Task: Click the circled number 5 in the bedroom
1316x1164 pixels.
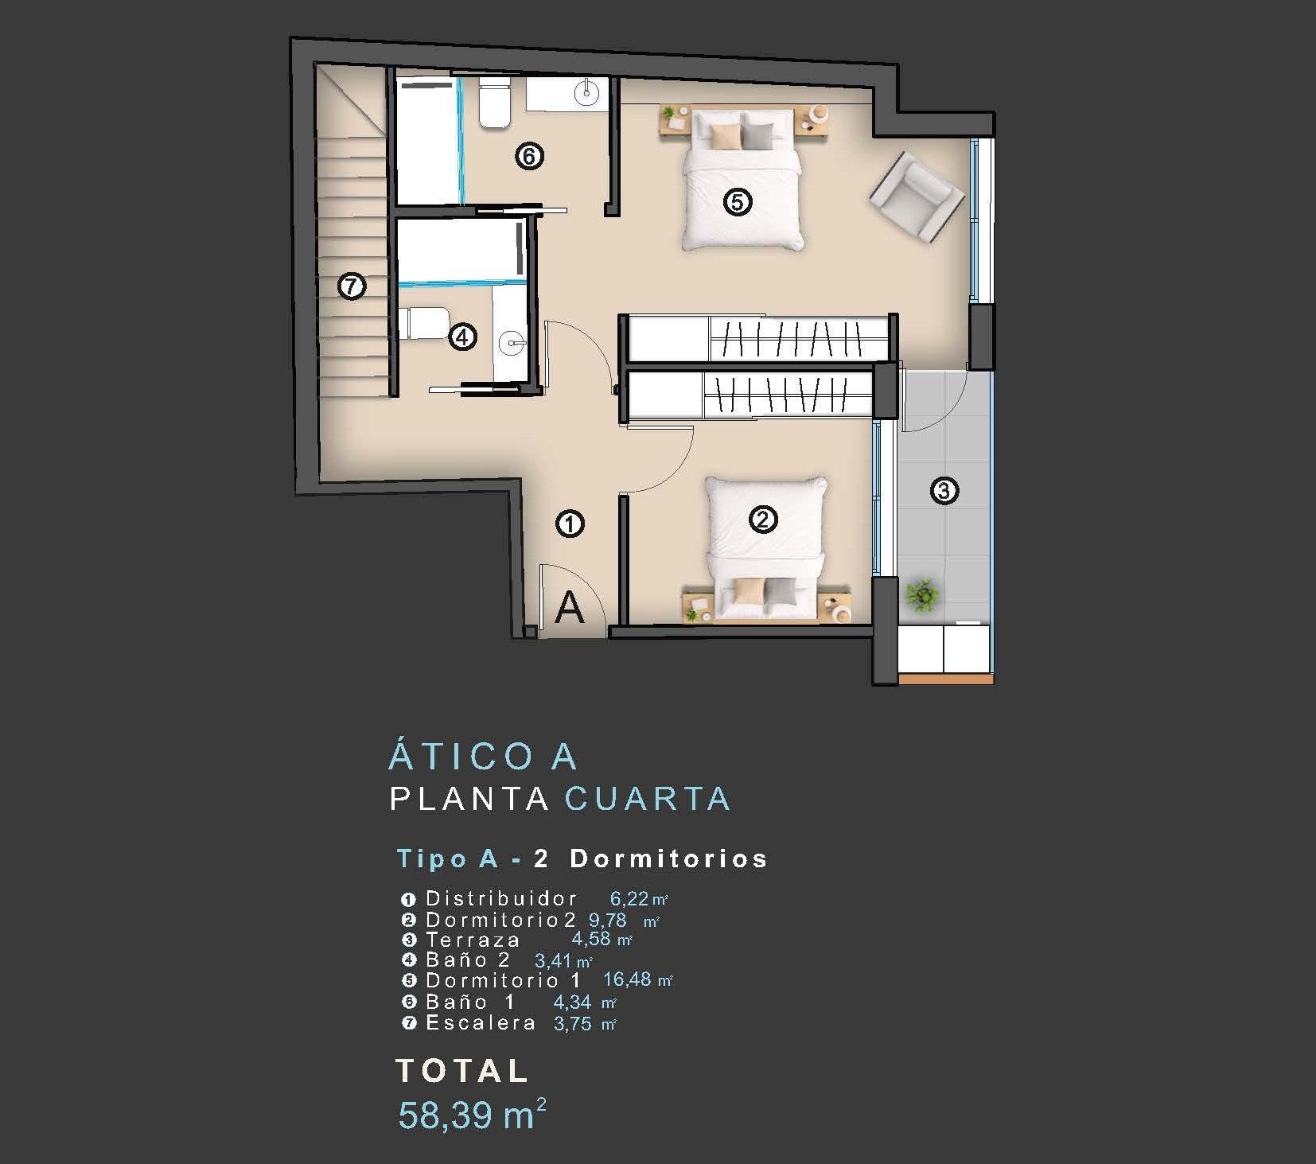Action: click(737, 202)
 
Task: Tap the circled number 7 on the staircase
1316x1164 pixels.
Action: click(351, 286)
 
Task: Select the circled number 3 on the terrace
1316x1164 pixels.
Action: click(944, 490)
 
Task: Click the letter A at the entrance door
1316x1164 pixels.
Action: click(569, 608)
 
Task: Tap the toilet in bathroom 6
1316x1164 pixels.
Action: click(494, 103)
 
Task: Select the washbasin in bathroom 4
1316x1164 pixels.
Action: click(510, 344)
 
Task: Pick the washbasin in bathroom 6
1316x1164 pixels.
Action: click(586, 91)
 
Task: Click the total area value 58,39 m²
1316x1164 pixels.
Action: click(472, 1114)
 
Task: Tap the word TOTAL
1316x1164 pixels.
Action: click(461, 1071)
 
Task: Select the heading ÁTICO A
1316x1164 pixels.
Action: click(483, 756)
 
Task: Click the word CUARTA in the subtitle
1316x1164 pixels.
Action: click(647, 799)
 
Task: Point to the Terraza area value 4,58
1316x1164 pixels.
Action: click(591, 939)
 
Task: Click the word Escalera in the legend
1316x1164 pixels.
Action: click(481, 1023)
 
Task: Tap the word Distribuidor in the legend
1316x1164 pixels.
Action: click(501, 899)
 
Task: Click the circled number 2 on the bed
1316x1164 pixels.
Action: click(762, 520)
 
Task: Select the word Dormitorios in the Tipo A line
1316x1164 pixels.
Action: click(668, 858)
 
